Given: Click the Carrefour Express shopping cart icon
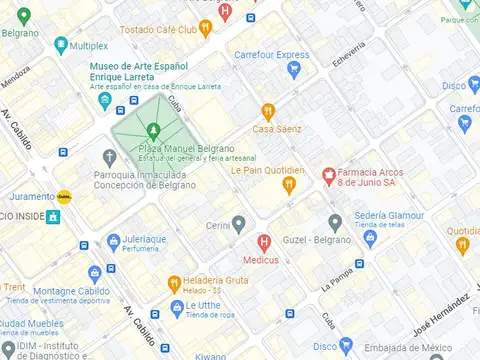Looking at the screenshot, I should pyautogui.click(x=294, y=70).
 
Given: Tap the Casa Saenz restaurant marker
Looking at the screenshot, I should pyautogui.click(x=267, y=111).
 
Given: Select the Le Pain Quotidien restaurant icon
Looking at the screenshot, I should pyautogui.click(x=289, y=185).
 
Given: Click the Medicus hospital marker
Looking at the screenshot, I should pyautogui.click(x=264, y=241).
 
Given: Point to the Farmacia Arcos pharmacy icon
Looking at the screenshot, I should pyautogui.click(x=328, y=176).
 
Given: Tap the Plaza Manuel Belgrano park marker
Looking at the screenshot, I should pyautogui.click(x=153, y=130).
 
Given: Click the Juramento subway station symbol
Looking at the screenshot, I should pyautogui.click(x=65, y=197).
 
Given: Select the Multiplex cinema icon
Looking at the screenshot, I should pyautogui.click(x=61, y=45).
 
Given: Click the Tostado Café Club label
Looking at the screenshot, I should pyautogui.click(x=159, y=30).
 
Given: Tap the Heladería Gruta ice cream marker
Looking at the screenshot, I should pyautogui.click(x=174, y=282).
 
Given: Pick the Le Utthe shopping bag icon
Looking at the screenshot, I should pyautogui.click(x=176, y=306).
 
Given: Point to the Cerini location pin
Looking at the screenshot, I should pyautogui.click(x=238, y=222).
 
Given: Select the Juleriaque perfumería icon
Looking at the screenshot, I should pyautogui.click(x=112, y=241).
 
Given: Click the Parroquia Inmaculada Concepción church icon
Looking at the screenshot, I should pyautogui.click(x=110, y=158).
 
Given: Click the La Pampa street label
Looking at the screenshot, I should pyautogui.click(x=336, y=278).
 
